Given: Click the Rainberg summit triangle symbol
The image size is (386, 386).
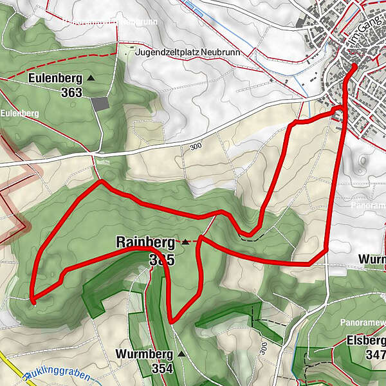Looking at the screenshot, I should pos(185,242).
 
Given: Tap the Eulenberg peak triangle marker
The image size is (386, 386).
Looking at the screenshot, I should pos(90,78).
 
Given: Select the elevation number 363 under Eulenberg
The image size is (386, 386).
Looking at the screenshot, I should pos(72,93).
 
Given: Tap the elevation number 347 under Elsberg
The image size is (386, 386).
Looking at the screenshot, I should pos(374,354).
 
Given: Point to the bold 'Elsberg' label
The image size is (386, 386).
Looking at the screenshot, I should pos(365,340).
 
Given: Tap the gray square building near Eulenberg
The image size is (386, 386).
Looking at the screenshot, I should pos(100,104).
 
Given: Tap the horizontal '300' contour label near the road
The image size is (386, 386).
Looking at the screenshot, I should pos(196,147).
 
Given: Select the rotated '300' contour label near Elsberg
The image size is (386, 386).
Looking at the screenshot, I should pos(264,351).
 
